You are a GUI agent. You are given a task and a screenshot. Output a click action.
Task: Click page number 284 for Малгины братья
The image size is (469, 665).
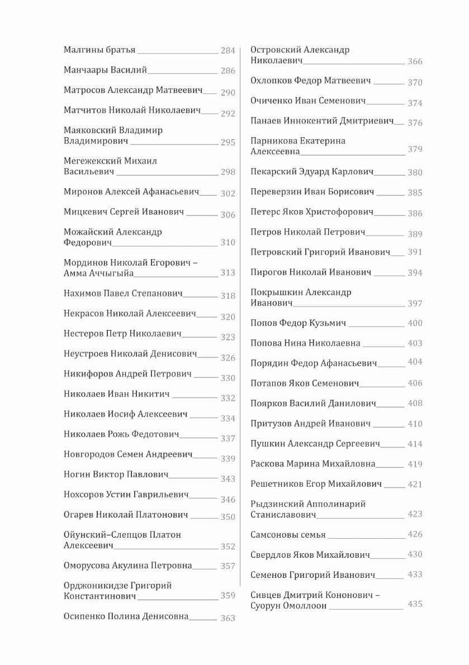[228, 51]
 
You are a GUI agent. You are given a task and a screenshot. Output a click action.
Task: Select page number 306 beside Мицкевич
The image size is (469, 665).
[228, 215]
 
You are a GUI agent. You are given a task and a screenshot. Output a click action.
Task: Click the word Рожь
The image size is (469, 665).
[116, 434]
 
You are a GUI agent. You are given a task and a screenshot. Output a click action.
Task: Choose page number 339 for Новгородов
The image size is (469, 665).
[228, 459]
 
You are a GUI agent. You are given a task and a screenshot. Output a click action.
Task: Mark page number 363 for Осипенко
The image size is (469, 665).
[228, 618]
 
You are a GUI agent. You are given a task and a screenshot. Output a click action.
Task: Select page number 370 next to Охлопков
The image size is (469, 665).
[415, 83]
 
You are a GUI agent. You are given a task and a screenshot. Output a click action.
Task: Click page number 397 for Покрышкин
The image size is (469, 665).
[415, 304]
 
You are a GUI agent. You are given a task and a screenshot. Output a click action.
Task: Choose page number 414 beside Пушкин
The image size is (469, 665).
[415, 444]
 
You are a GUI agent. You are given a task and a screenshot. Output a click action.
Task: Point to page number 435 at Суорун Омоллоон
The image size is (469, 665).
[415, 604]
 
